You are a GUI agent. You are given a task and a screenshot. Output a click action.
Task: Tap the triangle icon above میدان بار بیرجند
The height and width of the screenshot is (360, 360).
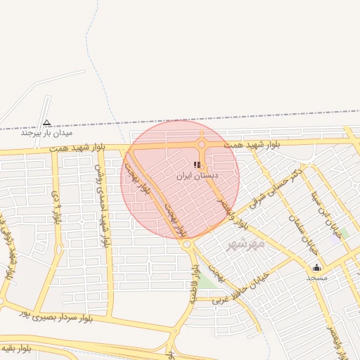[x=46, y=122]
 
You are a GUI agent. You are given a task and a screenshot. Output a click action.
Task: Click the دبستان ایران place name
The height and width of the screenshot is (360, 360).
[x=197, y=174]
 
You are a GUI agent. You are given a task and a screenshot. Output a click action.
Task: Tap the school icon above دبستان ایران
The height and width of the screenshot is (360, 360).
[x=197, y=165]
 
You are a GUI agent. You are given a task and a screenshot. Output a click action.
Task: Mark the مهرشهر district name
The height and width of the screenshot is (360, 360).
[x=246, y=243]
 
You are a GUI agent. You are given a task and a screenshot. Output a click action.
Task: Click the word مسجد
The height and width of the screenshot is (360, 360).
[x=316, y=277]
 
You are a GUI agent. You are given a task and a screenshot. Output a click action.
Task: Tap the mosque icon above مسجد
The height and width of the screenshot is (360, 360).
[x=316, y=267]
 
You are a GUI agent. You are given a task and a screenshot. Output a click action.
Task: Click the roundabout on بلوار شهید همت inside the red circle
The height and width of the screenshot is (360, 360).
[x=202, y=145]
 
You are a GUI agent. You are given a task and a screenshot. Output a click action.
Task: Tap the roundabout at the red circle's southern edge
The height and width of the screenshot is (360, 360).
[x=187, y=244]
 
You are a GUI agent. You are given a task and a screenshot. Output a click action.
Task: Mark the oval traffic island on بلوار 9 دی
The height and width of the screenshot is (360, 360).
[x=58, y=248]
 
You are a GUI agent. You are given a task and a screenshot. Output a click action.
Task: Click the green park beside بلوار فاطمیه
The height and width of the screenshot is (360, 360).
[x=207, y=281]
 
